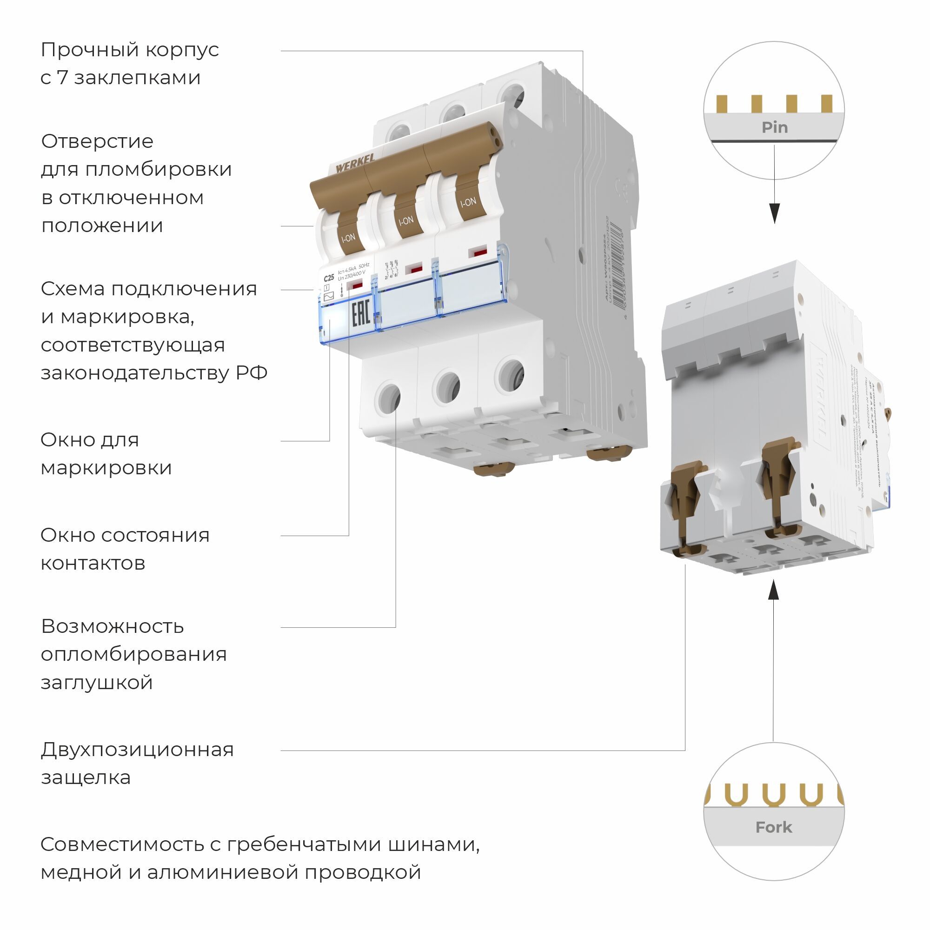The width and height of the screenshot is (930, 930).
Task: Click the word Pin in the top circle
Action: (775, 127)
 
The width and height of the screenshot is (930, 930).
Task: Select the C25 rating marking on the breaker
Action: (329, 278)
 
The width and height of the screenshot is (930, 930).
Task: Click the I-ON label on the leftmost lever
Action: (348, 237)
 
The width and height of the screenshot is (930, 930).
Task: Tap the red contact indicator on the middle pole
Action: (413, 269)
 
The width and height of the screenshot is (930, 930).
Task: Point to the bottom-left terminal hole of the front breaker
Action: (387, 398)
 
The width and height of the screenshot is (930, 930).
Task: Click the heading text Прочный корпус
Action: (130, 50)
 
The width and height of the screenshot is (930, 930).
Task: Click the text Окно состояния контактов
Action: (125, 549)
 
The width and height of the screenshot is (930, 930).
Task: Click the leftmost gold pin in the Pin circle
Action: (722, 104)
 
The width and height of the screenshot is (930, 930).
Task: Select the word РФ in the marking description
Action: (251, 372)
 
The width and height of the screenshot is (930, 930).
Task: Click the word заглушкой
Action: (97, 682)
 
